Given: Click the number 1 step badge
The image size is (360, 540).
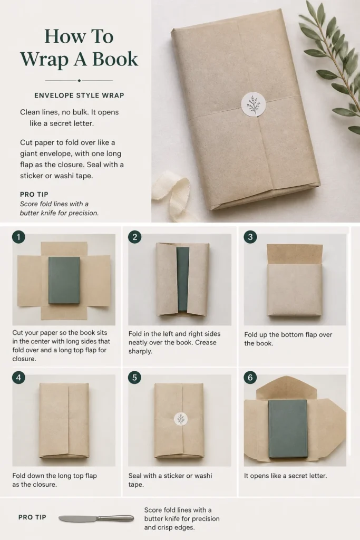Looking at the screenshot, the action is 18,237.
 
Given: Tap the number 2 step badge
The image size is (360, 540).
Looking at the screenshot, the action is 134,237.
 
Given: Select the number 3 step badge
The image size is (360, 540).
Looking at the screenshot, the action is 250,237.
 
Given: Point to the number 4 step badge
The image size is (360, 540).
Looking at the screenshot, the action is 18,378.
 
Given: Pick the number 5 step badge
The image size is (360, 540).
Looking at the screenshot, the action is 134,378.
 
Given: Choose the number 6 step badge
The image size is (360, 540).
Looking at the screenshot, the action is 250,378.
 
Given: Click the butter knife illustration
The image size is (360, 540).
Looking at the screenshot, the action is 96,518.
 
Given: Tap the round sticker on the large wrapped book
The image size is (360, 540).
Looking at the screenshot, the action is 254,104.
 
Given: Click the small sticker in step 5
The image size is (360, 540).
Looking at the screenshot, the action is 181,419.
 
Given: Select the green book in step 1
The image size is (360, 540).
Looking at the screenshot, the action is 64,280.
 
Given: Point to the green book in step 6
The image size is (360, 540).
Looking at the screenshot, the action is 288,429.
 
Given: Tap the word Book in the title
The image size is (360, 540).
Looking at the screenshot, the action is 115,59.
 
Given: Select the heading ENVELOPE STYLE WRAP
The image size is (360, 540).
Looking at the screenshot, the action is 79,95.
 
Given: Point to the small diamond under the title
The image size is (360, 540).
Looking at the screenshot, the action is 79,81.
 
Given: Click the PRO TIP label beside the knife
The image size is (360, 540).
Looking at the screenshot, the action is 32,517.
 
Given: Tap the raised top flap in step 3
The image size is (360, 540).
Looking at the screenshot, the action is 295,254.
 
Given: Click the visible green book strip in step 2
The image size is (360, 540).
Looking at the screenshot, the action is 182,279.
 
